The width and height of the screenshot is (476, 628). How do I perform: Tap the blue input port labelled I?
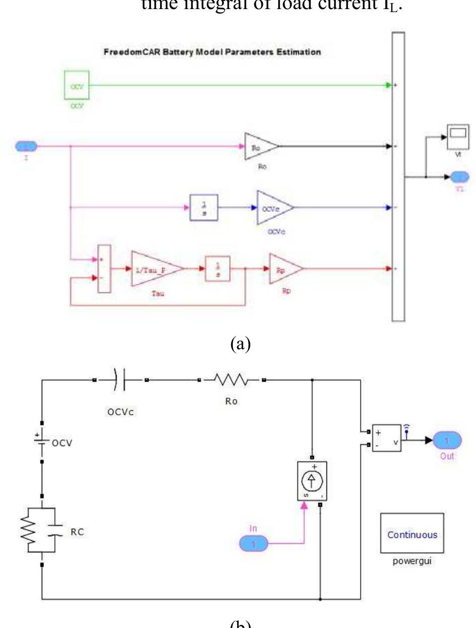point(26,147)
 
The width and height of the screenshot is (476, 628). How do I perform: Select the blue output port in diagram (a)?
point(459,176)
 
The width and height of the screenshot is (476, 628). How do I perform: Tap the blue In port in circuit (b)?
point(254,544)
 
